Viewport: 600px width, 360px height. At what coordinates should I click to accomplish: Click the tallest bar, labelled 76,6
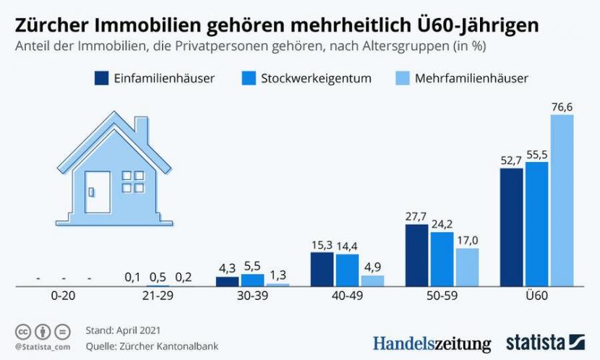(562, 200)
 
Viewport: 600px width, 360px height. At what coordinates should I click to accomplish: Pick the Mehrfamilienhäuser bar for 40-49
(373, 280)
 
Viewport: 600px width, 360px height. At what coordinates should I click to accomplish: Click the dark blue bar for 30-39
(228, 281)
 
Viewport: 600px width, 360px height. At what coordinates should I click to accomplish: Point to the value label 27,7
(416, 216)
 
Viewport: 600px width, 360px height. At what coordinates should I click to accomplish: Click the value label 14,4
(347, 246)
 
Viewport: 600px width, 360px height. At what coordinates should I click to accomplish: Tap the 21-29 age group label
(158, 296)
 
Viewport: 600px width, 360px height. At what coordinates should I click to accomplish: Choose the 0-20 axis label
(63, 296)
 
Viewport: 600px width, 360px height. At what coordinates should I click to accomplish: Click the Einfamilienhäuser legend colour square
(102, 78)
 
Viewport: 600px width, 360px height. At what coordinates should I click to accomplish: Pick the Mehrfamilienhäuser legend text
(471, 78)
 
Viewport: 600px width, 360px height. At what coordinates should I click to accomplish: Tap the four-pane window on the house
(132, 181)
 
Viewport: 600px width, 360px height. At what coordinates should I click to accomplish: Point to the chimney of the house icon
(141, 131)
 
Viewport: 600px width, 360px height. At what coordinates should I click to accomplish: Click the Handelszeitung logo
(432, 343)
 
